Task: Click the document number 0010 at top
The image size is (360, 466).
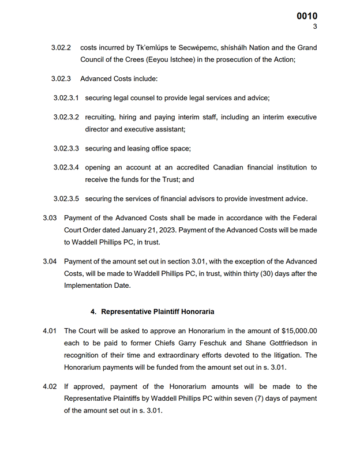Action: pos(307,16)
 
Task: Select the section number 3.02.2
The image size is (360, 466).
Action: pos(61,47)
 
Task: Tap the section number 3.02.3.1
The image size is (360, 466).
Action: pos(66,98)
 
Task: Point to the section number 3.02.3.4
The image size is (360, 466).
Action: pos(66,167)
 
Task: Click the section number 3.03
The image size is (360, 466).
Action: pos(50,218)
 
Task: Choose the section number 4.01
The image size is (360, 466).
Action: pos(50,331)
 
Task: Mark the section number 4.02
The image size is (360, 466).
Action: pos(50,386)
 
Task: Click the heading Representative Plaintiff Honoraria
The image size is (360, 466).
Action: pos(157,311)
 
